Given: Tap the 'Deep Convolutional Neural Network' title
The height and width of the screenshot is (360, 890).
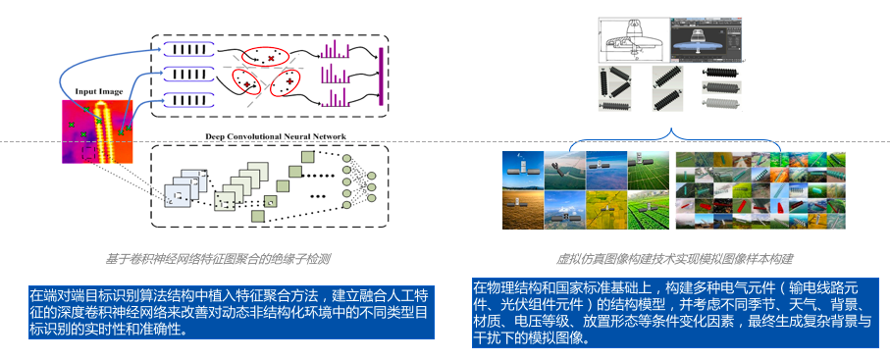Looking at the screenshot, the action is pos(276,137).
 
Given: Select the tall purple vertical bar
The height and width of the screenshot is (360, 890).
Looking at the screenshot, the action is pos(381,77).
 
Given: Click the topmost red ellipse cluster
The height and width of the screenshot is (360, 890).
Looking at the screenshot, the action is pos(265,57).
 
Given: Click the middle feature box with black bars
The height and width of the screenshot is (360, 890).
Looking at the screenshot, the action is pos(189,75).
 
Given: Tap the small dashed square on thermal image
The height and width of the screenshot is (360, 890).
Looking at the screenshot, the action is pos(89,153).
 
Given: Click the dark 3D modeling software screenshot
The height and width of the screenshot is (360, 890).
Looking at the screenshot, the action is pos(707,41).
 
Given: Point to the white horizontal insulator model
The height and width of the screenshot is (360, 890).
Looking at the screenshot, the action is pos(720,103).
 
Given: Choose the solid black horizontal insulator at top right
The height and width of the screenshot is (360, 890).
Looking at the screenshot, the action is pos(720,73).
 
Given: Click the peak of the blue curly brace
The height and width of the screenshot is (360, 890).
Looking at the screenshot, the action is pos(673,130).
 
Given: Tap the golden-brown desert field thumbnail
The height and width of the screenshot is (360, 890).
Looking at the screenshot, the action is pos(523,210).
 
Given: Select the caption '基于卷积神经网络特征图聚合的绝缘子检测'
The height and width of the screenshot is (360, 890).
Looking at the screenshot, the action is pos(218,260).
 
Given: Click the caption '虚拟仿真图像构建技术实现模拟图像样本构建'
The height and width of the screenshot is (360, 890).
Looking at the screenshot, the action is pos(674,260).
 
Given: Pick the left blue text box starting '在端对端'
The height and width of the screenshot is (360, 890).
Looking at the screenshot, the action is pos(232,312).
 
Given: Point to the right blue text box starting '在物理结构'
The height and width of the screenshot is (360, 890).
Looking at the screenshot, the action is pos(675,312).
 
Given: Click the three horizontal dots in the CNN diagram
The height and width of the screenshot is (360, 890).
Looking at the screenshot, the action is pos(317,196).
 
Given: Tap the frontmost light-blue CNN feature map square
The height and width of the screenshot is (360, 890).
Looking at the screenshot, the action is pos(177,197).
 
